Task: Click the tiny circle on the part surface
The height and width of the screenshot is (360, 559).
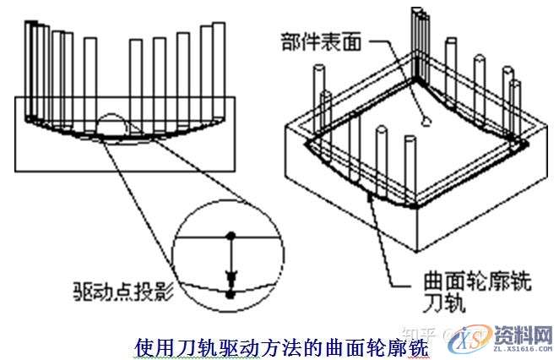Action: pyautogui.click(x=426, y=121)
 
